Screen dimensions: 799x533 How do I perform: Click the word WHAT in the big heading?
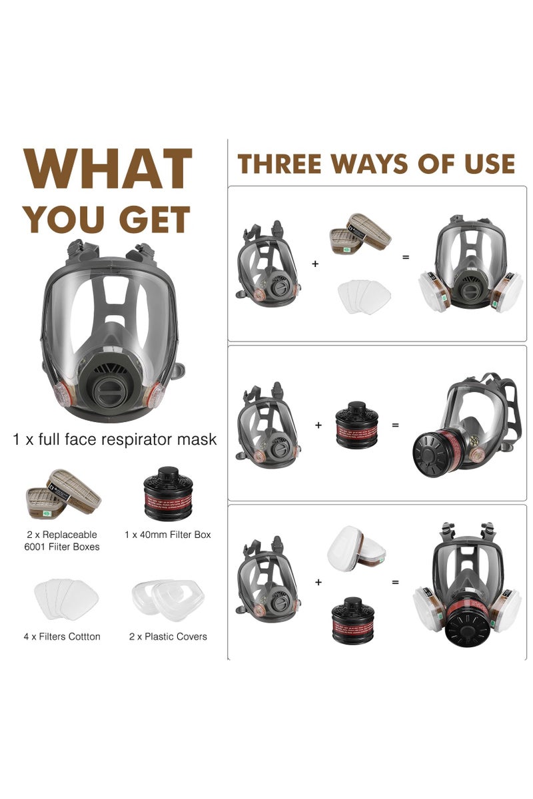click(107, 170)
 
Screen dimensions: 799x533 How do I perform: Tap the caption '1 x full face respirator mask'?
click(115, 439)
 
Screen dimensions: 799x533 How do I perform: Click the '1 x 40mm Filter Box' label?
click(167, 535)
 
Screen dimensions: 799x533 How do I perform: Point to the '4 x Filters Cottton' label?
click(62, 637)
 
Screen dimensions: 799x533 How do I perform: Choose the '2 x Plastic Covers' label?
click(168, 637)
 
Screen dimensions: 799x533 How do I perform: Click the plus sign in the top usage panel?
click(315, 264)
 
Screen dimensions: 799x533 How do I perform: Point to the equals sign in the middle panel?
click(395, 425)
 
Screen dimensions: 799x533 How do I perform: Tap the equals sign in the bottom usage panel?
click(395, 582)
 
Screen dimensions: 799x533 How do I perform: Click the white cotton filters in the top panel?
click(363, 296)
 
